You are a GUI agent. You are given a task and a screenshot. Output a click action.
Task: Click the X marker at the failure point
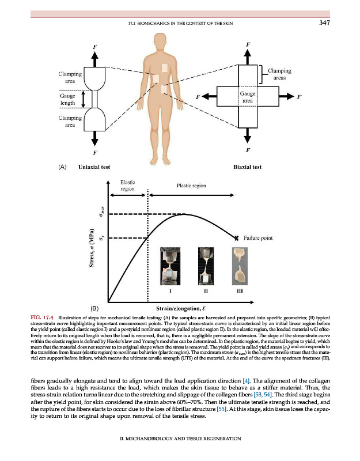tap(236, 237)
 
